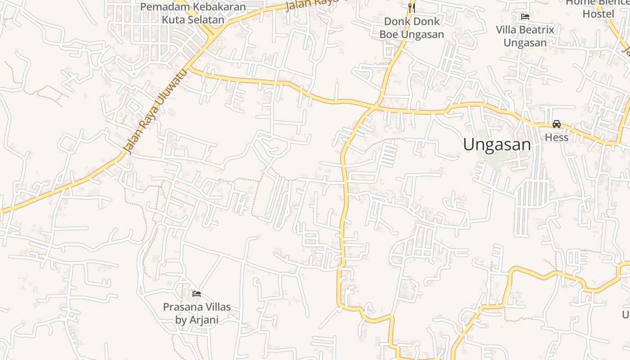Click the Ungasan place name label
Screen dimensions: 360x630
[497, 145]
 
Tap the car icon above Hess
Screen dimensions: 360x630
[557, 124]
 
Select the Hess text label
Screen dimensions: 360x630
[557, 137]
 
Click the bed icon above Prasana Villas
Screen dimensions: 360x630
[197, 294]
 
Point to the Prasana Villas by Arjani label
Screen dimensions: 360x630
[197, 313]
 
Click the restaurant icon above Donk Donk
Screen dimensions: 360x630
[411, 8]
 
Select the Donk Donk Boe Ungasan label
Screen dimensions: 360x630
[411, 28]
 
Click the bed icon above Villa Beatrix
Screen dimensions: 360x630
[525, 17]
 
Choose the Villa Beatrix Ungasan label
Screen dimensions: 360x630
[525, 36]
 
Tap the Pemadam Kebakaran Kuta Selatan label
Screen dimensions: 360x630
[193, 13]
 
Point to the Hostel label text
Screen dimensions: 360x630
[598, 14]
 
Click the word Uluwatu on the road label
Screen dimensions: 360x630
[169, 93]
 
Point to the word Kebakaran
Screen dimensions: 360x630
[220, 7]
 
